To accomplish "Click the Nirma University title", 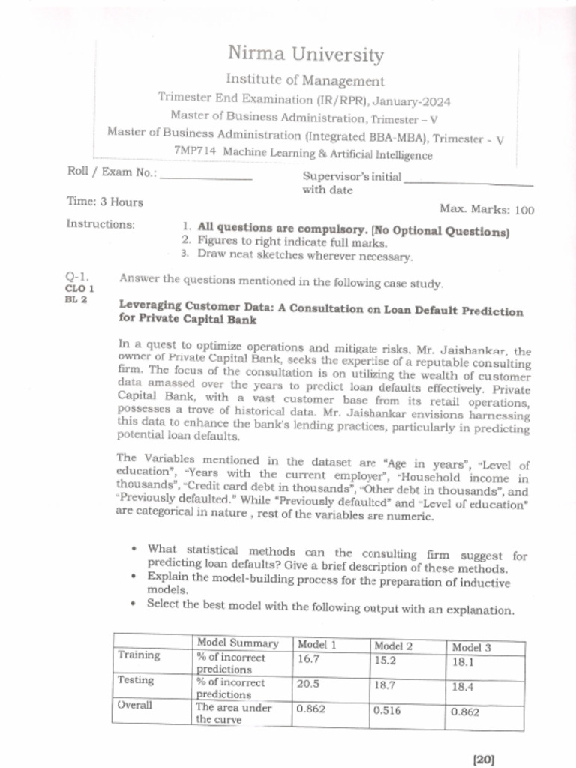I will (305, 55).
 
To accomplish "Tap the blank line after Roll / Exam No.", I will (206, 178).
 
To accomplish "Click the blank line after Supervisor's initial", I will (468, 182).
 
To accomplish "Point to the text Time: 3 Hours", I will (105, 202).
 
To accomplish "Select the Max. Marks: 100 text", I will (487, 210).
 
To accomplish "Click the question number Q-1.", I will (77, 277).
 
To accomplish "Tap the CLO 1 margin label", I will (79, 288).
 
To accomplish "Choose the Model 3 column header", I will (471, 647).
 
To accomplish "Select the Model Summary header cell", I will (238, 643).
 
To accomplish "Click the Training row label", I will (139, 655).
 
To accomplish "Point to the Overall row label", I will (135, 706).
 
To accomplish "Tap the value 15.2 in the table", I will (385, 661).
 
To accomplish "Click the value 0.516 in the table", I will (388, 711).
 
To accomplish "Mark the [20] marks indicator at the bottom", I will (484, 759).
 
